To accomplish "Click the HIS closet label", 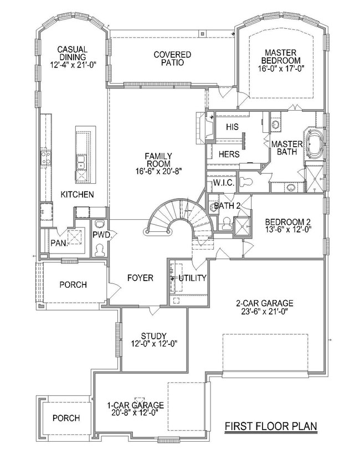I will click(233, 127).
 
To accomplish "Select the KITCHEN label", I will click(77, 195).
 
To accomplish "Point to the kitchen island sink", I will click(81, 163).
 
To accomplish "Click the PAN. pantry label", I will click(59, 242).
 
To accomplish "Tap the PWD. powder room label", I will click(103, 235).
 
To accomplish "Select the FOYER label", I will click(140, 278).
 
